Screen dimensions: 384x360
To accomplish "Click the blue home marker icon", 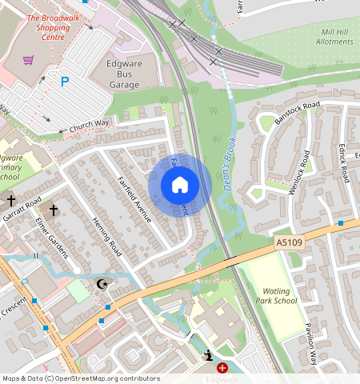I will [180, 186].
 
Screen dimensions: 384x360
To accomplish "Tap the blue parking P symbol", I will [65, 81].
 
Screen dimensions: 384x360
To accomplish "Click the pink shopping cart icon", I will [29, 60].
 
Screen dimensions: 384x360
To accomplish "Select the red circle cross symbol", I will [222, 368].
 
